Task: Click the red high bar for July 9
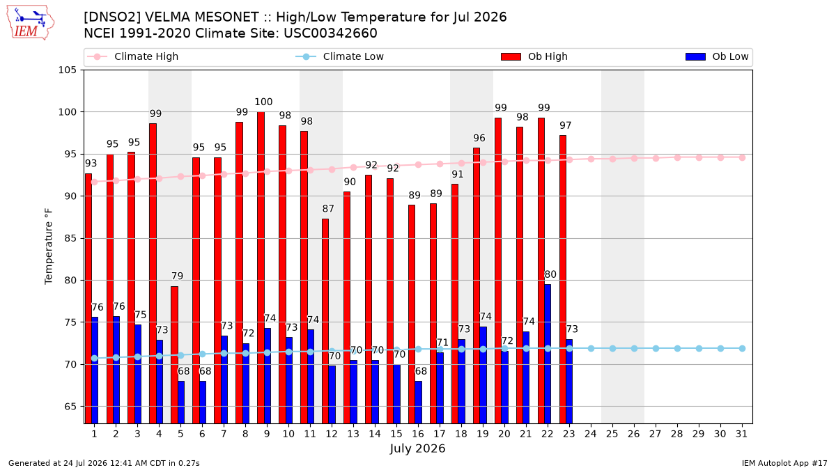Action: click(261, 267)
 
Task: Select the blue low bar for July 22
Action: click(548, 354)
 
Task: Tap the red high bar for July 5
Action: click(175, 354)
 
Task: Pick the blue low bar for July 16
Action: click(419, 402)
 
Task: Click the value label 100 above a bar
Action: click(263, 102)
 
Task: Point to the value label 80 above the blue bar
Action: click(550, 274)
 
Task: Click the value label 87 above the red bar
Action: click(328, 208)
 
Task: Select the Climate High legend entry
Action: click(133, 56)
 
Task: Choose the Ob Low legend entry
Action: click(717, 56)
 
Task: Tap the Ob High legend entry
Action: click(534, 56)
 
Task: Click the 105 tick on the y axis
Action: click(67, 70)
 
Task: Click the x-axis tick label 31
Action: click(741, 434)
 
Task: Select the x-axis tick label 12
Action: click(332, 434)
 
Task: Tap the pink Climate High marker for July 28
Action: click(677, 158)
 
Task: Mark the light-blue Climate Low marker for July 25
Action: click(612, 348)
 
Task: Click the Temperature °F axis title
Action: click(49, 246)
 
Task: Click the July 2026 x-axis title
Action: click(417, 448)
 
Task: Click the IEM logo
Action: click(30, 23)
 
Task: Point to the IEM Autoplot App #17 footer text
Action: click(784, 463)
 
